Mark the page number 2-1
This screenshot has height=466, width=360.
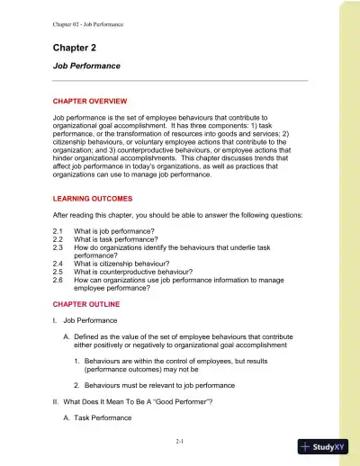coord(181,444)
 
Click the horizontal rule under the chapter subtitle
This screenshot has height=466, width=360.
coord(180,82)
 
